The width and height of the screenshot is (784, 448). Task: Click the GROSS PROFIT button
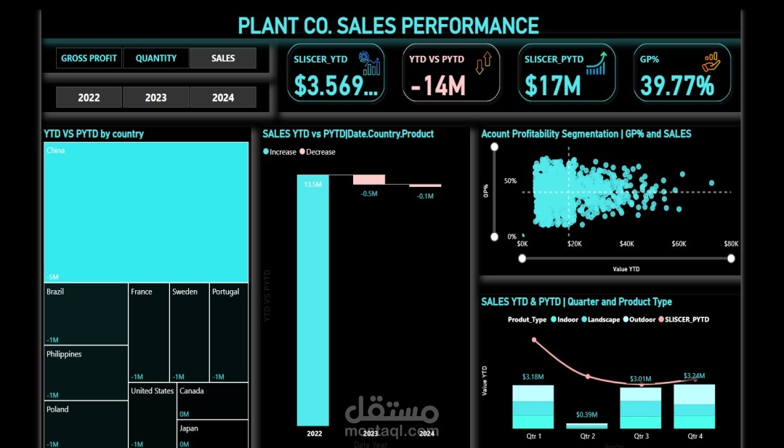(89, 58)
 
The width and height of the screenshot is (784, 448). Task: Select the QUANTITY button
(155, 58)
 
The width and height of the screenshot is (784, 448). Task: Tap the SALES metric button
(223, 58)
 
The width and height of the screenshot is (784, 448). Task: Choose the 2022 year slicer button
(89, 97)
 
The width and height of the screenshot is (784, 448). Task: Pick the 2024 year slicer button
(223, 97)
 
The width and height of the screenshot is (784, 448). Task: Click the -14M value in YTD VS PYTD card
(437, 87)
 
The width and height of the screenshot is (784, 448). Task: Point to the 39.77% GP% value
(674, 87)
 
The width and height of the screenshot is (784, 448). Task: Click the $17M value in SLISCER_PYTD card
(553, 87)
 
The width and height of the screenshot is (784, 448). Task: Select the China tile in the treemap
(145, 211)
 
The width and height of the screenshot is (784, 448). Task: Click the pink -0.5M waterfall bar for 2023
(369, 179)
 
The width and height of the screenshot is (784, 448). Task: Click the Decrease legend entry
(320, 152)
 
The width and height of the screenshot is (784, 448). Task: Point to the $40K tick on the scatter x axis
(626, 244)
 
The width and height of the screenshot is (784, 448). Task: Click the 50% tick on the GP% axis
(510, 181)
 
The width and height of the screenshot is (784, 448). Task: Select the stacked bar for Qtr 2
(586, 425)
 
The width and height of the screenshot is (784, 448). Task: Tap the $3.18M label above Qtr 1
(533, 377)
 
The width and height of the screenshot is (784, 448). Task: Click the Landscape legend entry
(602, 319)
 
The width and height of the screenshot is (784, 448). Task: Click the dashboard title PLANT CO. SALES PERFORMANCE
(389, 26)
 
